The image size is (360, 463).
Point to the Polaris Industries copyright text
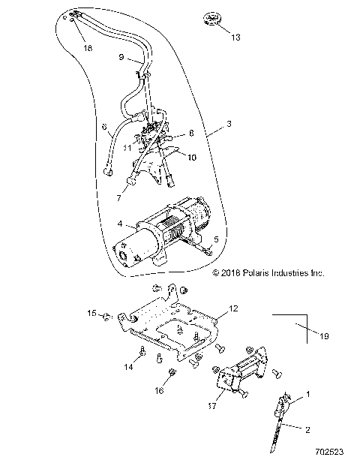tap(268, 274)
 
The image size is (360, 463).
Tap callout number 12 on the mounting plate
tap(232, 309)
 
